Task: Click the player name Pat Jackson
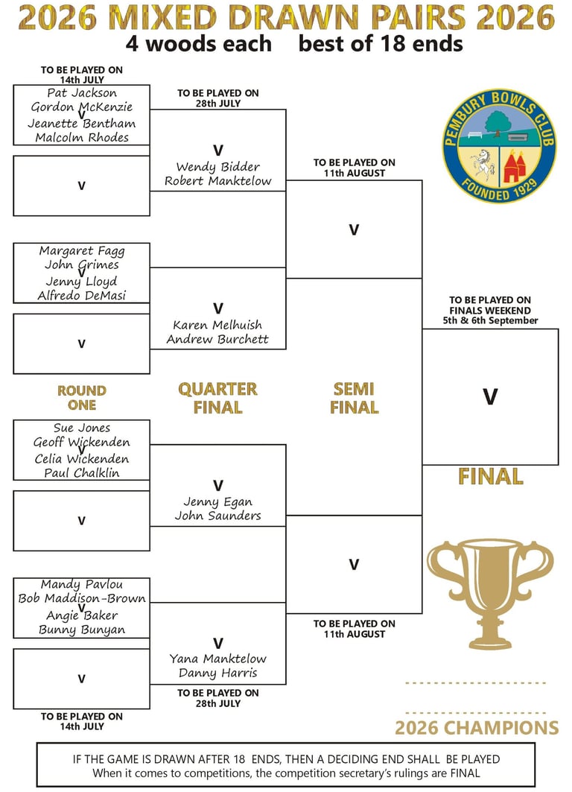point(82,93)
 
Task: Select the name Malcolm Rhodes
point(82,137)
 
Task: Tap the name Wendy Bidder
point(218,167)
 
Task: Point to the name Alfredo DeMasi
point(82,296)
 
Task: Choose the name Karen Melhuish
point(217,325)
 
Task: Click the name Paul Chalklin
point(82,473)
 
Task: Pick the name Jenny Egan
point(217,501)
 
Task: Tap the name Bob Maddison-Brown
point(82,598)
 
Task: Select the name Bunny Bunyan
point(82,630)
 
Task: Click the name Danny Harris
point(218,674)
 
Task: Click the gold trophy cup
point(490,595)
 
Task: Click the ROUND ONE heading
point(82,398)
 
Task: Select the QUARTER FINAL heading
point(217,398)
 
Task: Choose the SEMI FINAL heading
point(354,398)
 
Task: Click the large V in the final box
point(490,396)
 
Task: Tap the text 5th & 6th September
point(490,320)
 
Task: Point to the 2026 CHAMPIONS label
point(477,728)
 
